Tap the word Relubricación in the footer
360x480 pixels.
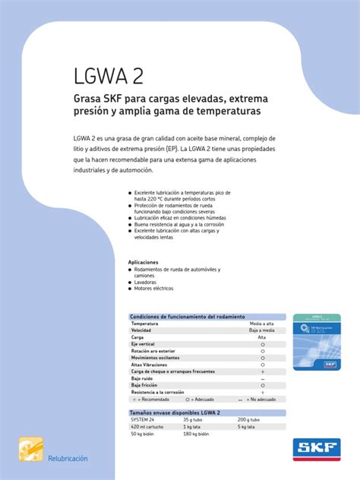[x=68, y=459]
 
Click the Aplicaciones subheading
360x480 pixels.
[x=148, y=262]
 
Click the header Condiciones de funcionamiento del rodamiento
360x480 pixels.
[x=188, y=316]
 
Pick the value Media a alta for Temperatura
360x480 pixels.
[x=262, y=324]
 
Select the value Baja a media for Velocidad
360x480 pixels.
[x=262, y=330]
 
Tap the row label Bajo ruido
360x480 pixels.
[x=144, y=378]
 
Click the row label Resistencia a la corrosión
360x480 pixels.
[x=157, y=392]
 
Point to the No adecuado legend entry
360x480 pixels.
[x=262, y=399]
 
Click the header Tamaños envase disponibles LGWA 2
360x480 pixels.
[x=175, y=412]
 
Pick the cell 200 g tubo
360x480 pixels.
[x=248, y=419]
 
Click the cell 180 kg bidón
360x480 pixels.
[x=196, y=433]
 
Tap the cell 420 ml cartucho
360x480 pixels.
[x=148, y=426]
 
